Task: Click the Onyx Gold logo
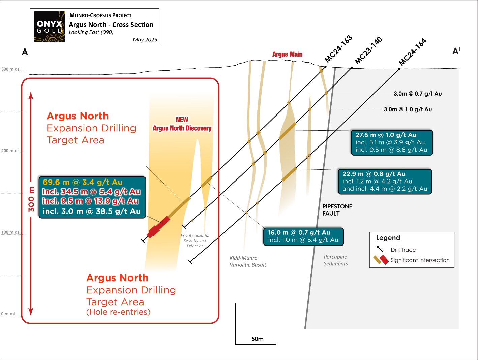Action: pyautogui.click(x=50, y=27)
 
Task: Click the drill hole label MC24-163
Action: pyautogui.click(x=338, y=49)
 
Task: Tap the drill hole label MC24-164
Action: pyautogui.click(x=413, y=52)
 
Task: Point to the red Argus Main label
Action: pyautogui.click(x=287, y=54)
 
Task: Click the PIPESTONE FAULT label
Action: pyautogui.click(x=337, y=210)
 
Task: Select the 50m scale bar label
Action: pyautogui.click(x=258, y=339)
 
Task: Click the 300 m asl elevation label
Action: pyautogui.click(x=11, y=69)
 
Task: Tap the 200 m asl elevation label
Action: pyautogui.click(x=11, y=151)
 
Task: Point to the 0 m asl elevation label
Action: pyautogui.click(x=8, y=314)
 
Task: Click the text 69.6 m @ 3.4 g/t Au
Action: pyautogui.click(x=83, y=182)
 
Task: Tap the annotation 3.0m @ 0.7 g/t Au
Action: pyautogui.click(x=417, y=94)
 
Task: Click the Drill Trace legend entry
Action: pyautogui.click(x=403, y=250)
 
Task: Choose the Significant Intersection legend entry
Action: pyautogui.click(x=420, y=260)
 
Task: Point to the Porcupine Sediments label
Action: pyautogui.click(x=335, y=260)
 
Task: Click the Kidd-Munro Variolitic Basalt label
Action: pyautogui.click(x=248, y=261)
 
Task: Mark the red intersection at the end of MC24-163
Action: pyautogui.click(x=158, y=227)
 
